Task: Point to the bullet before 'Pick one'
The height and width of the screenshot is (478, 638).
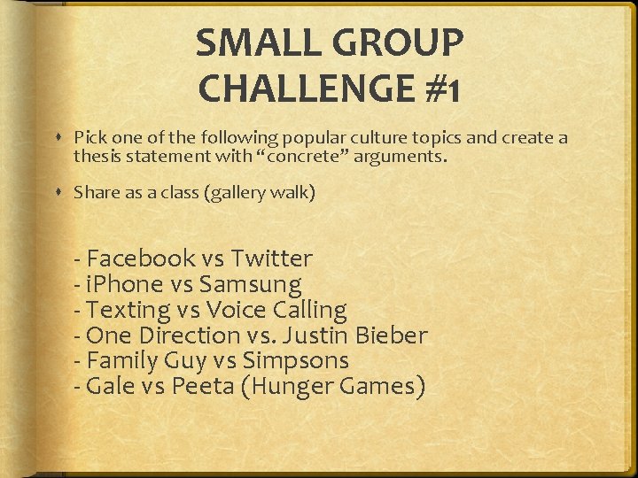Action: pos(58,138)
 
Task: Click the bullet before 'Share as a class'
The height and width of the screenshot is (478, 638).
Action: pos(58,192)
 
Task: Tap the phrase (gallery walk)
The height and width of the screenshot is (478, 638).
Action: pos(259,192)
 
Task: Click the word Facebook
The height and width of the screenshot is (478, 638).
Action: pos(141,258)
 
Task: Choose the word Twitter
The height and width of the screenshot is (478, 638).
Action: pos(271,258)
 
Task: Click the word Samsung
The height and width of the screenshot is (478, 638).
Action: pos(250,284)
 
